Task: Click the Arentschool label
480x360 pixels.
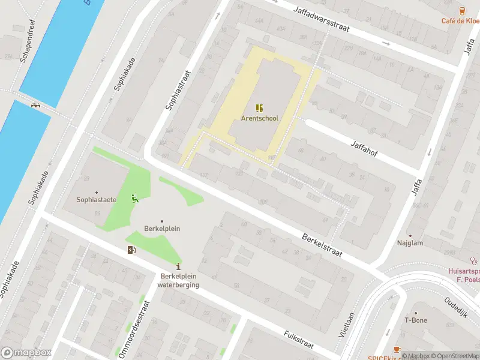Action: pos(260,118)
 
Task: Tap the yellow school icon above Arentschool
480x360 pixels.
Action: pos(259,108)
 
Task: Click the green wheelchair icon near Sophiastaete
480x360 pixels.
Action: pos(135,199)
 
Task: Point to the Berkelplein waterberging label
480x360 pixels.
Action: pos(178,281)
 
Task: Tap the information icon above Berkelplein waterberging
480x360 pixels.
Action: pos(178,266)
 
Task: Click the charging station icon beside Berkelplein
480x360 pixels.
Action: pos(131,250)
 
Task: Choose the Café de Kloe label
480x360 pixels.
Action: pos(460,20)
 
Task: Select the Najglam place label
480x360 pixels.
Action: pos(410,244)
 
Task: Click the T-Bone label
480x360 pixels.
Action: pos(415,320)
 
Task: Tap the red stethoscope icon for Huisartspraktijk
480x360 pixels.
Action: pos(473,261)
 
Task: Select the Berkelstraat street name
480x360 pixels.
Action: pos(322,245)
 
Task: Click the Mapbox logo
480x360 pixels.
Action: pos(26,353)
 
